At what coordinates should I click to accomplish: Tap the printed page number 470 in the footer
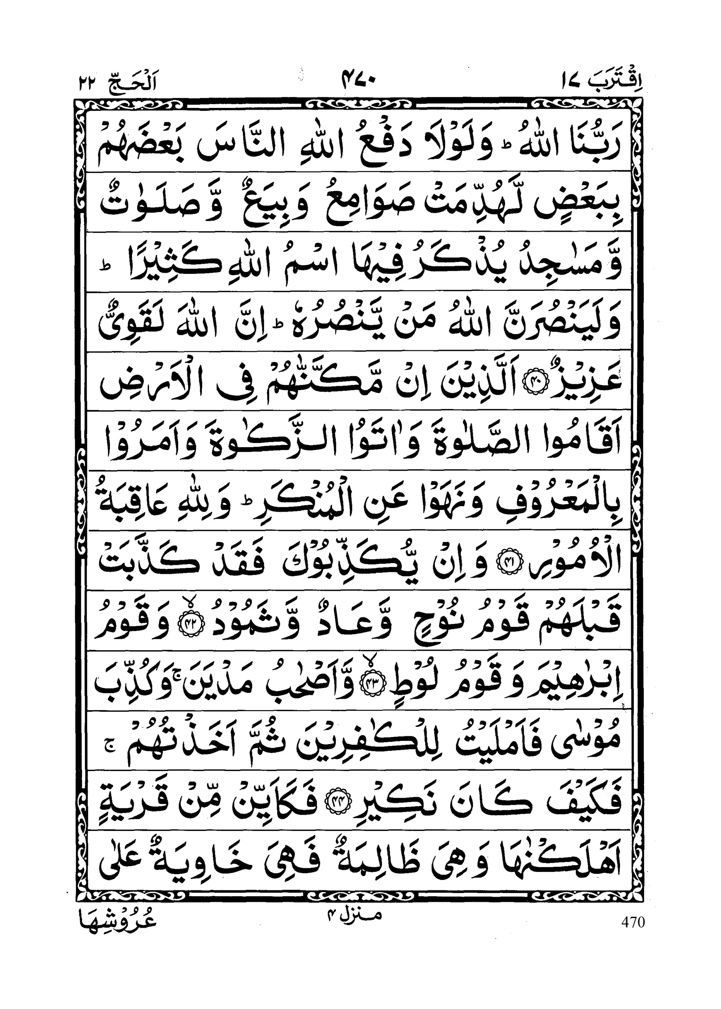[x=633, y=922]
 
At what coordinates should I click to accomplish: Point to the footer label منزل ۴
[x=354, y=916]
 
